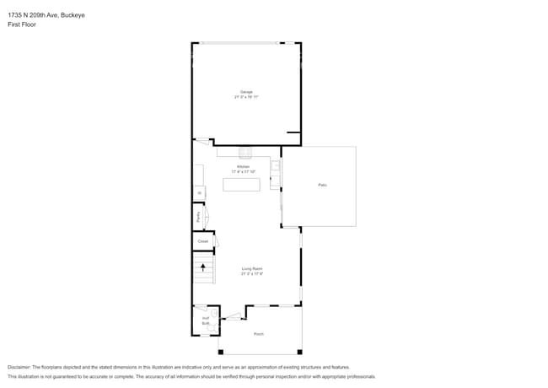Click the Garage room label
[246, 92]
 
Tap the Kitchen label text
[243, 167]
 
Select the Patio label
[322, 185]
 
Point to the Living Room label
[252, 269]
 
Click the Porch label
[259, 334]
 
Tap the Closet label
[202, 241]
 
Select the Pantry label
[198, 217]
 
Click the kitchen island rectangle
[241, 184]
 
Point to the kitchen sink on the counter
[245, 154]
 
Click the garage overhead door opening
[246, 43]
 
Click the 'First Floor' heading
[21, 24]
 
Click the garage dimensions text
[246, 97]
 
